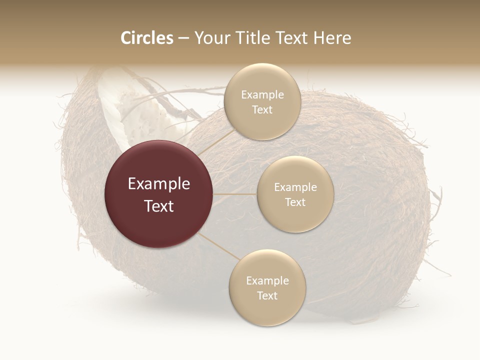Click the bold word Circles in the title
[146, 38]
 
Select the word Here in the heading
[332, 38]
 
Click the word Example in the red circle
[159, 184]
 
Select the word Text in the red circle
[159, 206]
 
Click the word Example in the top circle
[262, 95]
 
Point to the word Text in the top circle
[262, 110]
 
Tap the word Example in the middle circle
[295, 187]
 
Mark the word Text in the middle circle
[295, 202]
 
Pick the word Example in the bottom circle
[267, 281]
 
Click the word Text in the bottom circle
[267, 296]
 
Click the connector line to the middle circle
[235, 194]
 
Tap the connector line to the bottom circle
[220, 247]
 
